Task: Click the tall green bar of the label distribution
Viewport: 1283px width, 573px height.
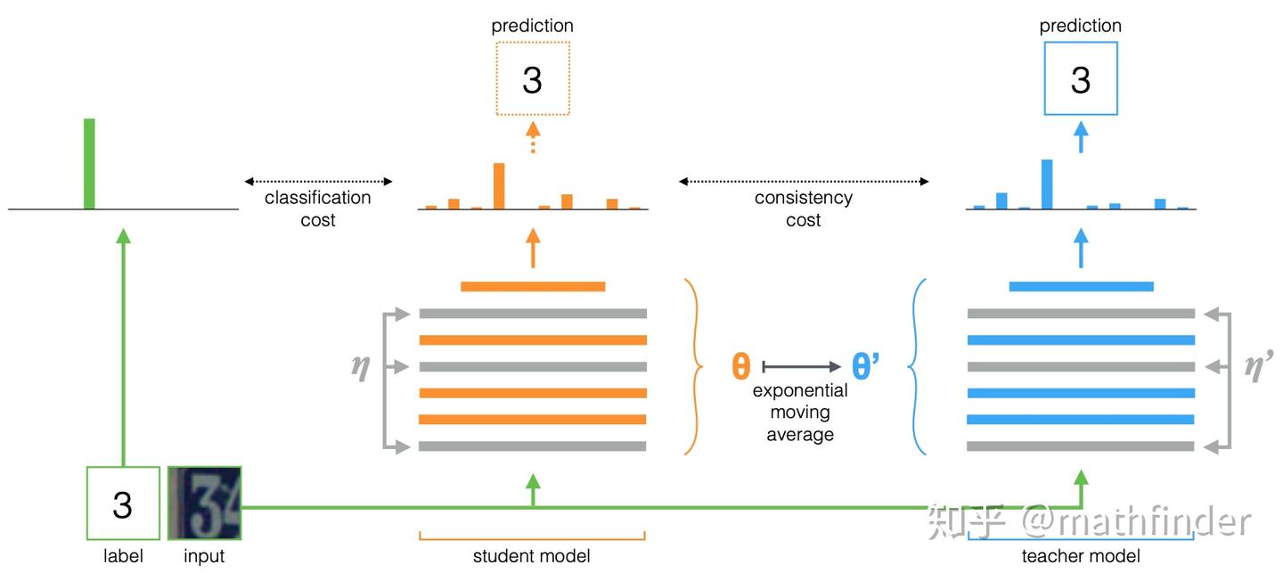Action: (89, 164)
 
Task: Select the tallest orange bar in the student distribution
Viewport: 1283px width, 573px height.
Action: (499, 186)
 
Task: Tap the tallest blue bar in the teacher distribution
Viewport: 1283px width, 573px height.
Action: (1047, 184)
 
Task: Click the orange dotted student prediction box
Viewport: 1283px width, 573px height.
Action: (531, 80)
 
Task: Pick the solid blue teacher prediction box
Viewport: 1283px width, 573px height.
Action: (1080, 80)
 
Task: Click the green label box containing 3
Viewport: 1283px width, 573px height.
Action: (123, 503)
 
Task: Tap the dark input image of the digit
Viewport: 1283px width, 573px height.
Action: (204, 503)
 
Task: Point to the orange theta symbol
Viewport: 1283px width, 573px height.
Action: (740, 366)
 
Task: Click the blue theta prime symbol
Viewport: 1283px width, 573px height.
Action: (865, 366)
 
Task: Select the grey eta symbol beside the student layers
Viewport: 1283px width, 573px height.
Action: (361, 367)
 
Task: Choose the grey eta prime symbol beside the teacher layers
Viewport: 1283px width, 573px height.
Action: (1257, 367)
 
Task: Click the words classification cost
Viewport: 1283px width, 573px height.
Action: (318, 209)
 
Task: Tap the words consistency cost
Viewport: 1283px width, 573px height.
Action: (804, 209)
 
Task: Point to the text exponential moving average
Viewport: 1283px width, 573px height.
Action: (800, 413)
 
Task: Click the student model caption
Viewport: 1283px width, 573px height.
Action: (532, 557)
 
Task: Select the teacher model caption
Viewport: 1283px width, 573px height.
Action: (1080, 557)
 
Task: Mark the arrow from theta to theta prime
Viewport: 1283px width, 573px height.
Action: (802, 366)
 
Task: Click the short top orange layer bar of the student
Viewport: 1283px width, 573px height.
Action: (533, 286)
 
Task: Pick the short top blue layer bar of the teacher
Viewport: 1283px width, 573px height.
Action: (1081, 286)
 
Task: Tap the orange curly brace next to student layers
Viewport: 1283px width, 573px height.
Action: (691, 366)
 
